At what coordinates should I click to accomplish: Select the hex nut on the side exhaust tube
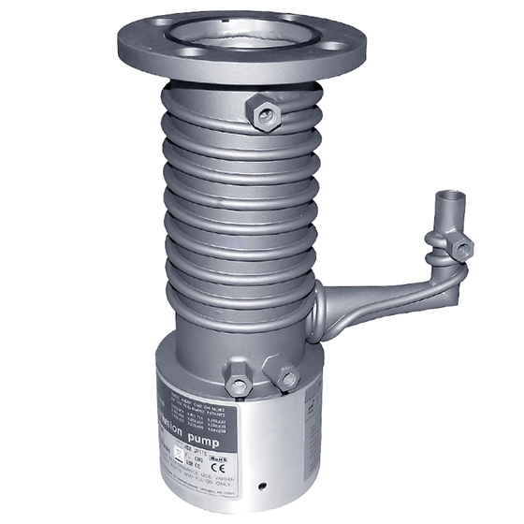click(460, 246)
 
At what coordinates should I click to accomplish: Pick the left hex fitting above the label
click(240, 386)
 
